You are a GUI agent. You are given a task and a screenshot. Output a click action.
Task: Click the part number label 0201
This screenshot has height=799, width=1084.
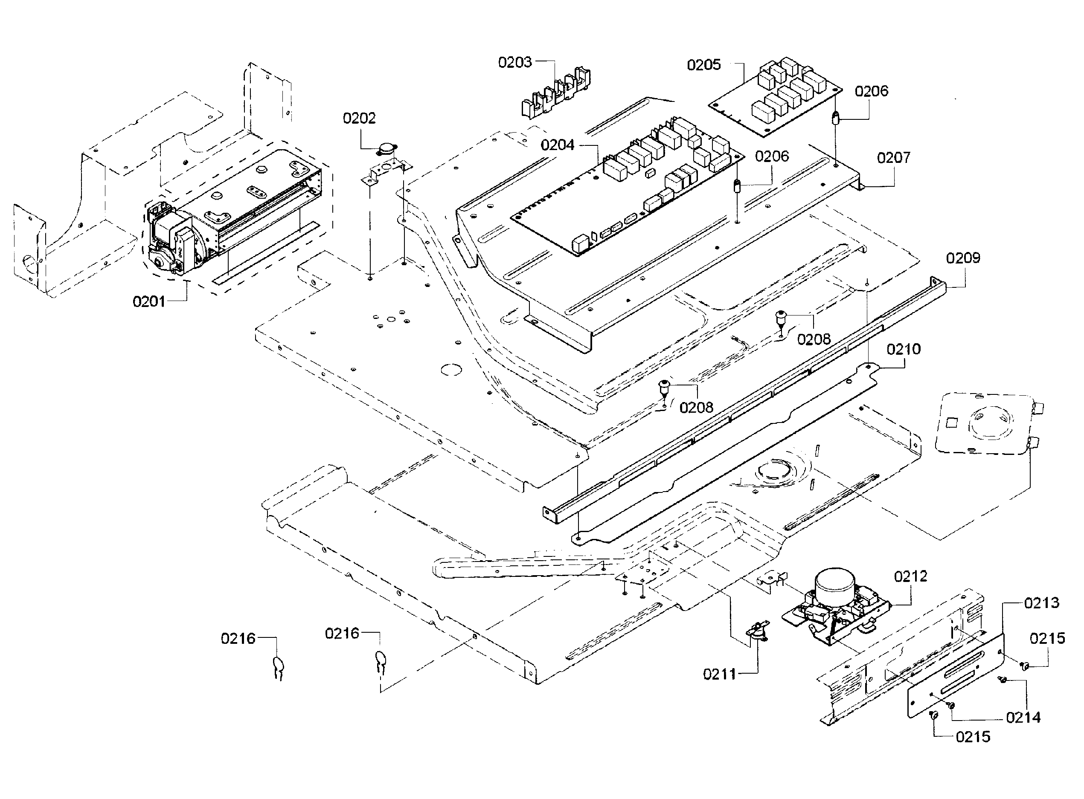click(x=149, y=302)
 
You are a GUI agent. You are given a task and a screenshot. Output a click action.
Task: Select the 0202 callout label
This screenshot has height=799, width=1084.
click(x=359, y=119)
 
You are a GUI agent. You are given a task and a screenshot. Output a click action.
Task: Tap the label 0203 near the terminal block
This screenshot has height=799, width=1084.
click(x=515, y=62)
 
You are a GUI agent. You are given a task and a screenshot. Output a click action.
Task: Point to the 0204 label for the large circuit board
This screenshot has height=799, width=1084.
click(x=558, y=145)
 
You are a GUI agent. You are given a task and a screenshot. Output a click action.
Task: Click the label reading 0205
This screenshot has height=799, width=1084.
click(x=703, y=65)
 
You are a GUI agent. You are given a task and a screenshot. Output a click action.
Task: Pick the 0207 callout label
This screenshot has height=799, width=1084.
click(x=893, y=158)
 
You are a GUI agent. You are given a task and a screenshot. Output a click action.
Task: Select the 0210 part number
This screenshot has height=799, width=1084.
click(x=904, y=349)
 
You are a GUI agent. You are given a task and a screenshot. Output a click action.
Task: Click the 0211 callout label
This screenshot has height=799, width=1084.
click(x=719, y=674)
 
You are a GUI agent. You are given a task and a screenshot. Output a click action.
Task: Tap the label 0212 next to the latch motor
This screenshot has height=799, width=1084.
click(x=910, y=576)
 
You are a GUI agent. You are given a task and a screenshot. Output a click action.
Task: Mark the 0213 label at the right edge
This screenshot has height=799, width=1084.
click(x=1041, y=603)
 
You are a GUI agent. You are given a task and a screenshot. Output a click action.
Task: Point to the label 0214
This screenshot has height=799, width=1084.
click(x=1023, y=718)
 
